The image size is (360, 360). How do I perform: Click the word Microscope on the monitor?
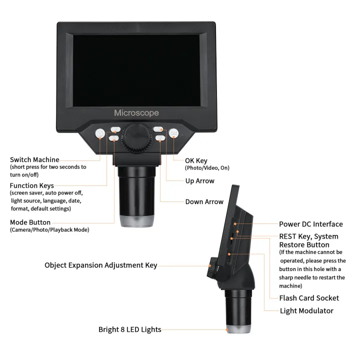click(x=136, y=112)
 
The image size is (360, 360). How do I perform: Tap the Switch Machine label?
click(x=34, y=160)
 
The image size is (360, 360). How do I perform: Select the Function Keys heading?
click(x=32, y=185)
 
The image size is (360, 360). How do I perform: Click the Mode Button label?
click(x=30, y=222)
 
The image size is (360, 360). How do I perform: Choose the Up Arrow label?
click(x=200, y=181)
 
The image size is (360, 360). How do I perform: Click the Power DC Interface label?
click(x=310, y=224)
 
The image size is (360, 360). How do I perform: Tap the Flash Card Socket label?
click(x=309, y=298)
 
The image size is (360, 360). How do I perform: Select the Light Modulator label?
click(x=306, y=310)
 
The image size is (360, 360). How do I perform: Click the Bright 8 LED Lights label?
click(x=129, y=329)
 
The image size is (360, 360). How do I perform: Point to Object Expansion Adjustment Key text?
click(x=100, y=265)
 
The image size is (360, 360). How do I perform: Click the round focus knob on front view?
click(x=136, y=136)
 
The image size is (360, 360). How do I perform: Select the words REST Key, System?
click(x=308, y=236)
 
